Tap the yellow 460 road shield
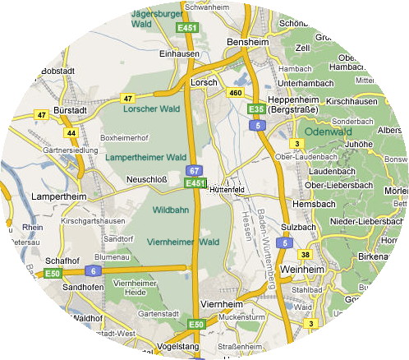point(236,93)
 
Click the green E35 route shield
point(255,108)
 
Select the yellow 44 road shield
point(71,132)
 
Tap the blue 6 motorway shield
point(93,270)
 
